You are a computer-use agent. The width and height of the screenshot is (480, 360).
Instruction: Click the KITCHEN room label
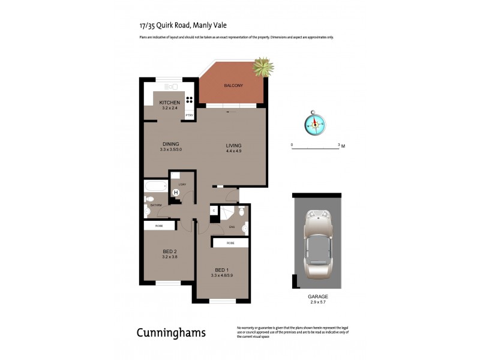coord(170,103)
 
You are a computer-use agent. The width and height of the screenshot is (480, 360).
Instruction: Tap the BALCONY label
coord(233,86)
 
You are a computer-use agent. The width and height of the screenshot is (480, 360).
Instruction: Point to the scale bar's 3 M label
coord(341,145)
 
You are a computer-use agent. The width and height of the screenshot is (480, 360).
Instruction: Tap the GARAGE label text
coord(319,296)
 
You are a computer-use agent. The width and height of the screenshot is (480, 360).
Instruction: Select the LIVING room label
coord(233,145)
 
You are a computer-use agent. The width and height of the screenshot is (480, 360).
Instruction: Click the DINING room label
coord(171,143)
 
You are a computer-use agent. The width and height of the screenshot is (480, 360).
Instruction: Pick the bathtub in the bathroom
coord(155,186)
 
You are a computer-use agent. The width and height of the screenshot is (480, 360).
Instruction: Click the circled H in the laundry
coord(176,193)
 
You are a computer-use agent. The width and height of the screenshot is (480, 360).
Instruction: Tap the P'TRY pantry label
coord(189,115)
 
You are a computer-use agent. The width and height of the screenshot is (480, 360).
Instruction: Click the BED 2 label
coord(169,251)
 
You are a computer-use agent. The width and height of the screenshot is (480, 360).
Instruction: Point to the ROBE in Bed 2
coord(159,226)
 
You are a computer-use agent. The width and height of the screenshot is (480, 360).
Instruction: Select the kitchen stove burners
coord(190,100)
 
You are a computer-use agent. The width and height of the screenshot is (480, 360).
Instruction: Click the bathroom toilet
coord(149,199)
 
